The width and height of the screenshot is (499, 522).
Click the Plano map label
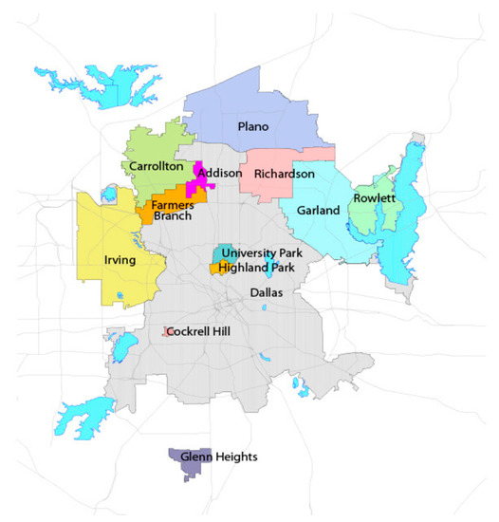[x=252, y=126]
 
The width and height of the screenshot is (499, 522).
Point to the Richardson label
[x=284, y=175]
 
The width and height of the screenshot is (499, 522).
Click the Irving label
[x=120, y=260]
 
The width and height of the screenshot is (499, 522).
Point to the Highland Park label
[x=256, y=269]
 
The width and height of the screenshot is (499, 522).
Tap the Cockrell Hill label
[x=204, y=330]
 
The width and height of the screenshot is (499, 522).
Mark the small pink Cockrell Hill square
[x=165, y=331]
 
